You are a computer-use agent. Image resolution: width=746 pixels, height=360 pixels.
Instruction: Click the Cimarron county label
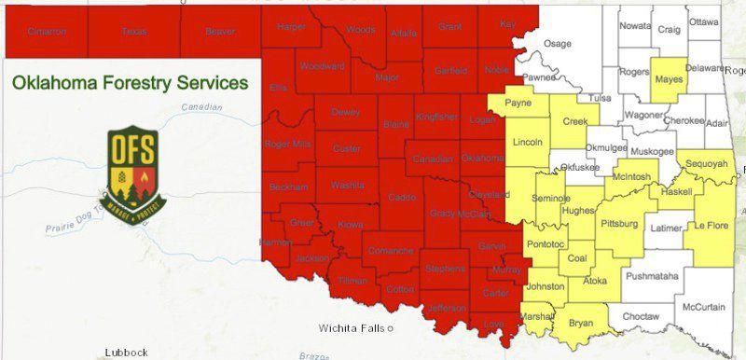47,32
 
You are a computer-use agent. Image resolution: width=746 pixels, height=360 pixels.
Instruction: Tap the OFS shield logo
132,169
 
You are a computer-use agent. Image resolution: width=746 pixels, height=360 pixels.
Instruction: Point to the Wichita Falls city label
353,328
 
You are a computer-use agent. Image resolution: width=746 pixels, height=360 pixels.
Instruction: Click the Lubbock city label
126,352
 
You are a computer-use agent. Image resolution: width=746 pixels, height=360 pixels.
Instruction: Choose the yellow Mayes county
669,80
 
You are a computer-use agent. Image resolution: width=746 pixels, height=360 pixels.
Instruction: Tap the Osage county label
558,44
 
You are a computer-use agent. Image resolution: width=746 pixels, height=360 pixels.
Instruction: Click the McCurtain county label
704,306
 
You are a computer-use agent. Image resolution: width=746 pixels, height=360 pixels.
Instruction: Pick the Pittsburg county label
620,224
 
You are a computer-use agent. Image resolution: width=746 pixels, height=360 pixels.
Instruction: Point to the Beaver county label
220,32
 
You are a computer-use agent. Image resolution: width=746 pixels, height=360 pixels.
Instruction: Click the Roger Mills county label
287,144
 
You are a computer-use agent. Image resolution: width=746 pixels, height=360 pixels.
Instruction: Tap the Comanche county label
389,250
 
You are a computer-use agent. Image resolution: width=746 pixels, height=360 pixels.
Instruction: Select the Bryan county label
581,323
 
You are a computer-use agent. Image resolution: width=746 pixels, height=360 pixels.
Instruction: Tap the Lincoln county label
528,143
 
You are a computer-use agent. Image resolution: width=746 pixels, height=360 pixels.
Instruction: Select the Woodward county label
323,67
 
